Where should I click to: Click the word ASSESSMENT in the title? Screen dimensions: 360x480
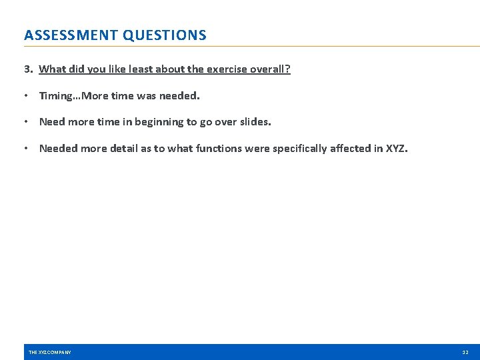(x=71, y=35)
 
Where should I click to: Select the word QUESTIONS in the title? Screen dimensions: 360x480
(x=165, y=35)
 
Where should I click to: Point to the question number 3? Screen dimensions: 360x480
(x=28, y=69)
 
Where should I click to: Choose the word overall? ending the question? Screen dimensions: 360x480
(x=271, y=69)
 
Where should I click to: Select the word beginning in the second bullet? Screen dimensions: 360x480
(x=159, y=122)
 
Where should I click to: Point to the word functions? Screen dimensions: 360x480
(x=218, y=149)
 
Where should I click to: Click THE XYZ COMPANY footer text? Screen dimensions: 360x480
(x=50, y=352)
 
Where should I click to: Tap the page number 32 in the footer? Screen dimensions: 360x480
(x=465, y=352)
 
